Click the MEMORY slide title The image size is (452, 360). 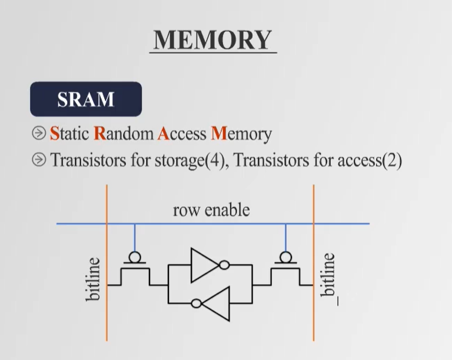pyautogui.click(x=212, y=40)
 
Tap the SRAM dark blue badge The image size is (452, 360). pyautogui.click(x=86, y=99)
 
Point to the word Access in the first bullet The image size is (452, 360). pyautogui.click(x=181, y=134)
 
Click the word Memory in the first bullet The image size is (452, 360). pyautogui.click(x=241, y=134)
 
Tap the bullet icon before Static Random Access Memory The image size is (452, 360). pyautogui.click(x=39, y=134)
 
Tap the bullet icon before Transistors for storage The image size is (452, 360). pyautogui.click(x=39, y=159)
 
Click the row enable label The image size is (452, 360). pyautogui.click(x=211, y=210)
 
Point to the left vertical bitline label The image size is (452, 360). pyautogui.click(x=94, y=279)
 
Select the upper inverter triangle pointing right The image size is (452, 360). pyautogui.click(x=204, y=265)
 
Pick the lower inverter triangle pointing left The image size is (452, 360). pyautogui.click(x=217, y=304)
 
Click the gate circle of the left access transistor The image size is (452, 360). pyautogui.click(x=135, y=257)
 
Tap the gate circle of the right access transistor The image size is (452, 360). pyautogui.click(x=286, y=257)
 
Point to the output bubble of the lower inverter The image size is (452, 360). pyautogui.click(x=197, y=304)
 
